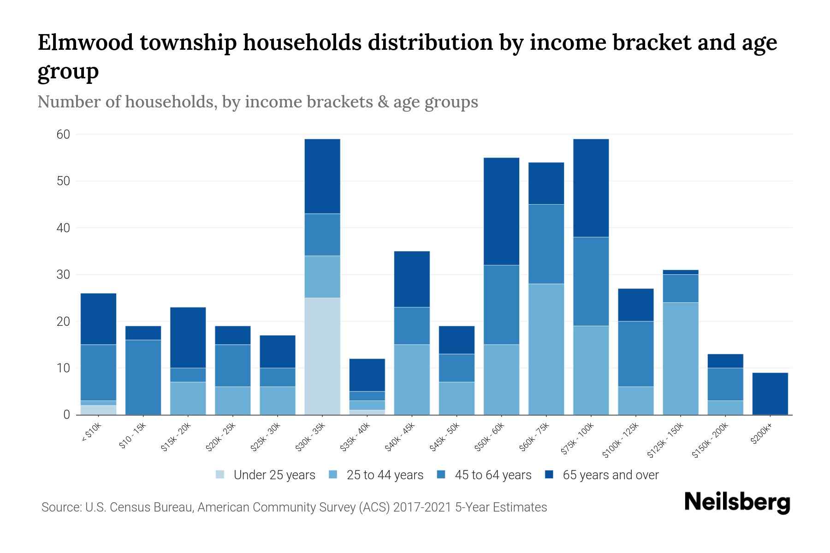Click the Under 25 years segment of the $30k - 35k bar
tap(322, 356)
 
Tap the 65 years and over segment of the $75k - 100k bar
tap(591, 188)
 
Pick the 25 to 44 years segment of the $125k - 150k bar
tap(681, 358)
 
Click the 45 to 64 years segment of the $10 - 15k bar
tap(143, 377)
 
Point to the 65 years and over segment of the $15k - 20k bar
tap(188, 337)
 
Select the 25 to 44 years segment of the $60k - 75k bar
tap(546, 349)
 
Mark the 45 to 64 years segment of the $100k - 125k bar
tap(636, 353)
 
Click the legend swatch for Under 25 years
tap(220, 475)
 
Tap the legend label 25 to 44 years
tap(385, 475)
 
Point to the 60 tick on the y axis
tap(63, 135)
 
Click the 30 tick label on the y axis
tap(63, 275)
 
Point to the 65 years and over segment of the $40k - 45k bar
tap(412, 279)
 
